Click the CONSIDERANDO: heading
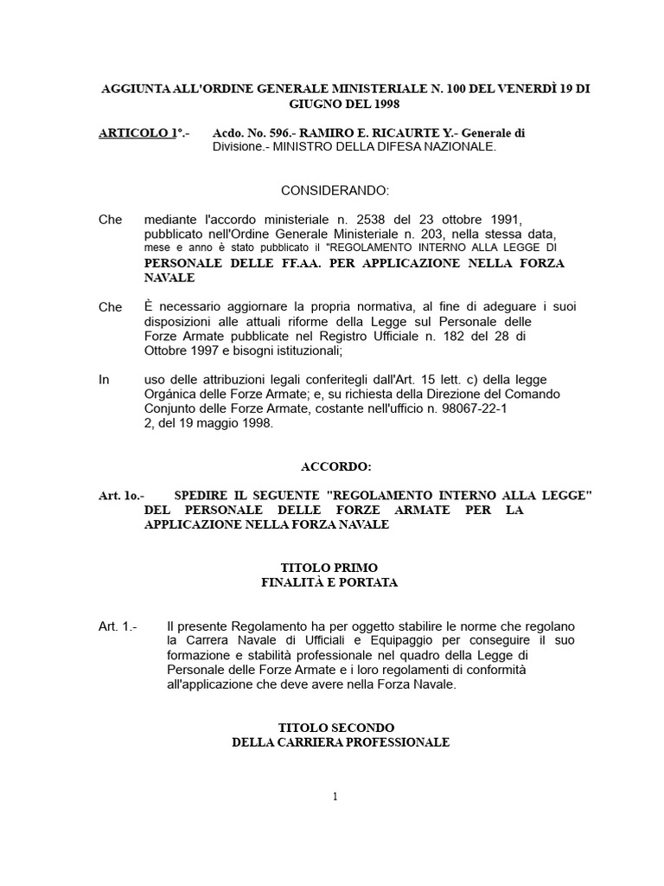click(335, 190)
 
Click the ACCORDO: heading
click(335, 467)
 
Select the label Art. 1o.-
click(123, 496)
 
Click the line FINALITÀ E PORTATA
click(329, 582)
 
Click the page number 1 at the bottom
click(334, 796)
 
